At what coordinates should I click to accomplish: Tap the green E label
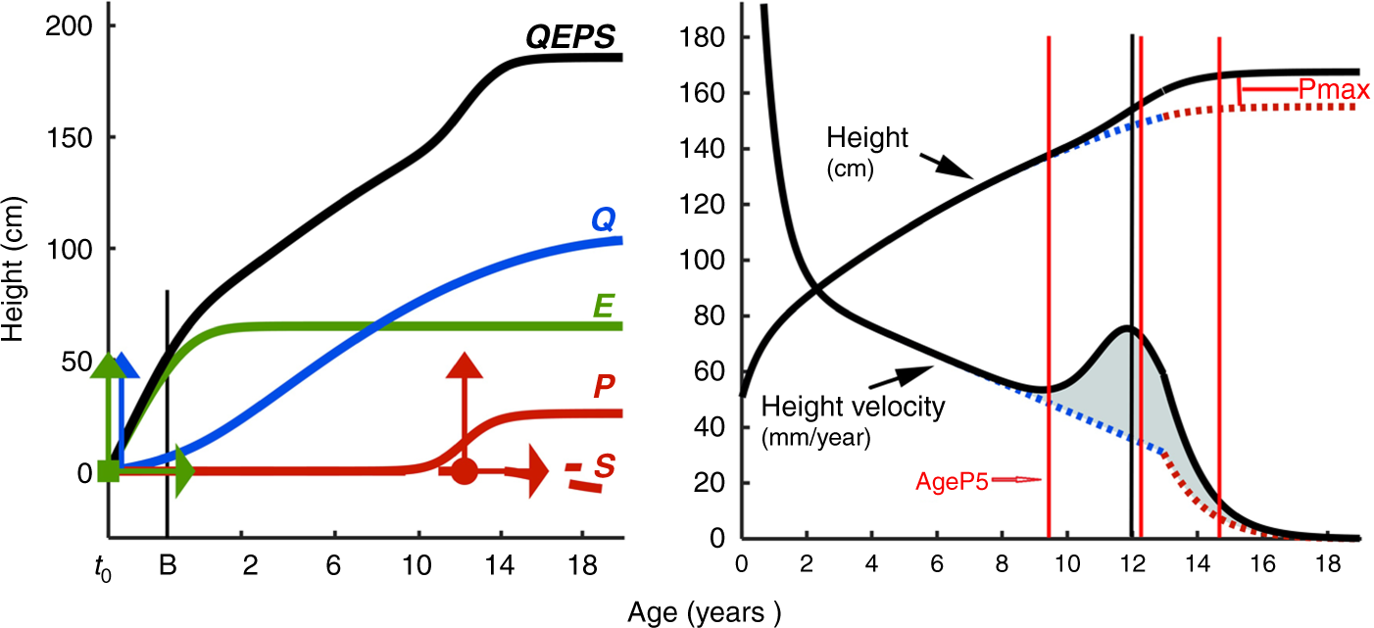[605, 308]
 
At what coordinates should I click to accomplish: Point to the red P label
[604, 387]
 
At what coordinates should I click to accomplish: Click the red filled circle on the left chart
[465, 472]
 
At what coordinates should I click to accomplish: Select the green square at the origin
[110, 472]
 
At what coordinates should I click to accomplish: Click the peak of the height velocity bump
[1127, 327]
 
